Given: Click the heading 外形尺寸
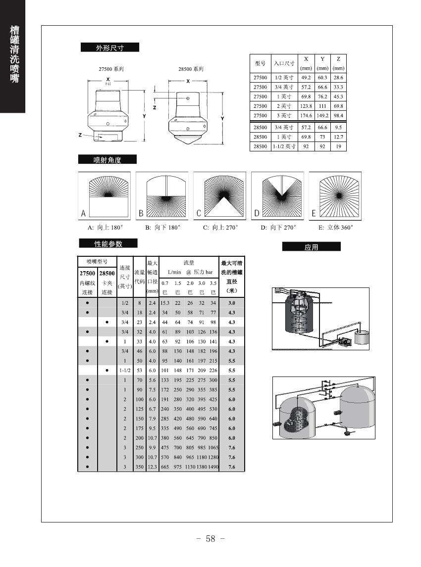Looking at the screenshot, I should (x=109, y=47).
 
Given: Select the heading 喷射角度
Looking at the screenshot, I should (x=107, y=159).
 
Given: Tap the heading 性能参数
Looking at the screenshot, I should (x=108, y=243).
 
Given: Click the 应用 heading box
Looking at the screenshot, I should (x=311, y=247).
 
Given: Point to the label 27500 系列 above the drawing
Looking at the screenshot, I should (x=111, y=69).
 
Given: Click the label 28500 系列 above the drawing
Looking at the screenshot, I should (x=191, y=69).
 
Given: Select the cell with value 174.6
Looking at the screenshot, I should (x=306, y=116).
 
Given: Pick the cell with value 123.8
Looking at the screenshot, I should (x=306, y=106).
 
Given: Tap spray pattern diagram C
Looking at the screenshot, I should (x=219, y=196).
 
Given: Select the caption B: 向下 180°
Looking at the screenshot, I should (x=162, y=228).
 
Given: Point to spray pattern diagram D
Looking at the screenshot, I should (x=277, y=196).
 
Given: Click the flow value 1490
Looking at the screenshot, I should (x=213, y=467).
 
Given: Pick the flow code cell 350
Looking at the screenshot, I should (x=140, y=467).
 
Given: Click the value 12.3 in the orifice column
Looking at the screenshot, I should (x=153, y=467).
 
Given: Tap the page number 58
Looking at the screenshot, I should (x=210, y=539).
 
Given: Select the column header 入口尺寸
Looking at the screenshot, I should (x=284, y=63).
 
